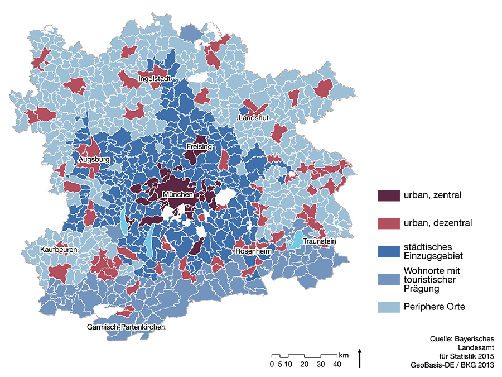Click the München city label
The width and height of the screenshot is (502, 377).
tap(178, 195)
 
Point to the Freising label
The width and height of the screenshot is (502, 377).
tap(199, 147)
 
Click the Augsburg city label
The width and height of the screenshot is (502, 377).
tap(94, 160)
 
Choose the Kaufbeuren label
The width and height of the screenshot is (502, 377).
tap(59, 249)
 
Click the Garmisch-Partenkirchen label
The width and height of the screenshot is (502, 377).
tap(126, 327)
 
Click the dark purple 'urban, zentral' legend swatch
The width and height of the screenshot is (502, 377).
tap(389, 195)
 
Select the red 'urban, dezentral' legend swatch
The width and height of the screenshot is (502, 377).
tap(389, 223)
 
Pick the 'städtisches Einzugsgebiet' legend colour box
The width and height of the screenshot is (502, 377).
tap(389, 251)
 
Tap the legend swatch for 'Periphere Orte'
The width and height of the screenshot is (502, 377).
tap(389, 307)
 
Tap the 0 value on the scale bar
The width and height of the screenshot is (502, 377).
tap(272, 365)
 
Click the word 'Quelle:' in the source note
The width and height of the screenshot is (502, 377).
tap(441, 338)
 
